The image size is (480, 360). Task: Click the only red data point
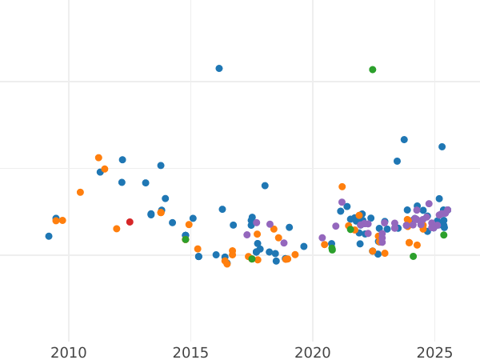[130, 222]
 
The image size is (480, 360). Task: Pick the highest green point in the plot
[373, 70]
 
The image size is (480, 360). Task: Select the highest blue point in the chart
[219, 69]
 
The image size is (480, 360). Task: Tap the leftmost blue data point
[49, 237]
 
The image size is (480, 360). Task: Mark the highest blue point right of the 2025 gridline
[442, 147]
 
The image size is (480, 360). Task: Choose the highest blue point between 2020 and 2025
[404, 140]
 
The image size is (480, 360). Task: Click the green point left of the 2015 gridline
[186, 239]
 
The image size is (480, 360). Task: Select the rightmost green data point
[444, 235]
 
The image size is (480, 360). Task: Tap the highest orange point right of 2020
[342, 187]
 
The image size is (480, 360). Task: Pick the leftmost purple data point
[247, 235]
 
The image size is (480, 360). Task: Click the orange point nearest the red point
[117, 229]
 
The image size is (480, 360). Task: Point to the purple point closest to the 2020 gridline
[322, 238]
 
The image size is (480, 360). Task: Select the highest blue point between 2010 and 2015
[122, 160]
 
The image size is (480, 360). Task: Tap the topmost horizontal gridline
[240, 82]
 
